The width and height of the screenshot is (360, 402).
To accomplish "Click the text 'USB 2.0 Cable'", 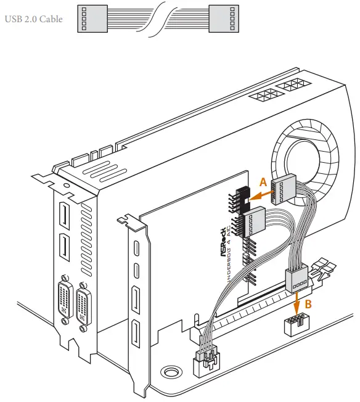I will (x=34, y=18).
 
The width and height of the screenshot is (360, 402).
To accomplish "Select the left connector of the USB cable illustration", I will (x=89, y=18).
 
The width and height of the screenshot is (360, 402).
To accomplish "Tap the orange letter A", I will (x=263, y=182).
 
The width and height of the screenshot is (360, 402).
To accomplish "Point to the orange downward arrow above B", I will (x=298, y=301).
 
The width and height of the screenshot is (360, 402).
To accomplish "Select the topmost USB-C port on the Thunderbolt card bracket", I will (x=136, y=248).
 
